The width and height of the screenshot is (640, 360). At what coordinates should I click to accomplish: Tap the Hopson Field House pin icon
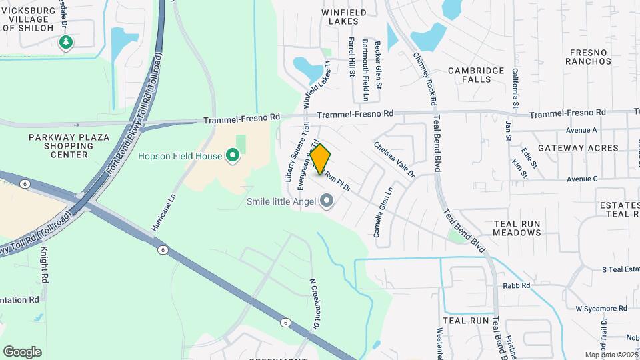[232, 156]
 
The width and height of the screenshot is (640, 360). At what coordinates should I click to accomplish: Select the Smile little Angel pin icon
[327, 200]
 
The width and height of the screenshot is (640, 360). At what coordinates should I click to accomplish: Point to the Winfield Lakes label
[345, 17]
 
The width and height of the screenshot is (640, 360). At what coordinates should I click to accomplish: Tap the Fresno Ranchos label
[588, 57]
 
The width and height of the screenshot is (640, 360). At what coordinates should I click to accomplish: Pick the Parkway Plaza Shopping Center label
[59, 146]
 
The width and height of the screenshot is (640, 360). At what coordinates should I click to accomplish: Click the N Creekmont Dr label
[313, 303]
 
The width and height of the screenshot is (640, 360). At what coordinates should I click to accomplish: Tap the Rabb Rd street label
[517, 286]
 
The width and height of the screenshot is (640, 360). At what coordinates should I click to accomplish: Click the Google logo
[22, 352]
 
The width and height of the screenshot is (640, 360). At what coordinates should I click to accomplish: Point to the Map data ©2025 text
[610, 355]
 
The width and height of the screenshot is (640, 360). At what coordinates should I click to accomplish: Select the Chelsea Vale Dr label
[393, 159]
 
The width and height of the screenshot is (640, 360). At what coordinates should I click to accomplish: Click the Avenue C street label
[582, 179]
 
